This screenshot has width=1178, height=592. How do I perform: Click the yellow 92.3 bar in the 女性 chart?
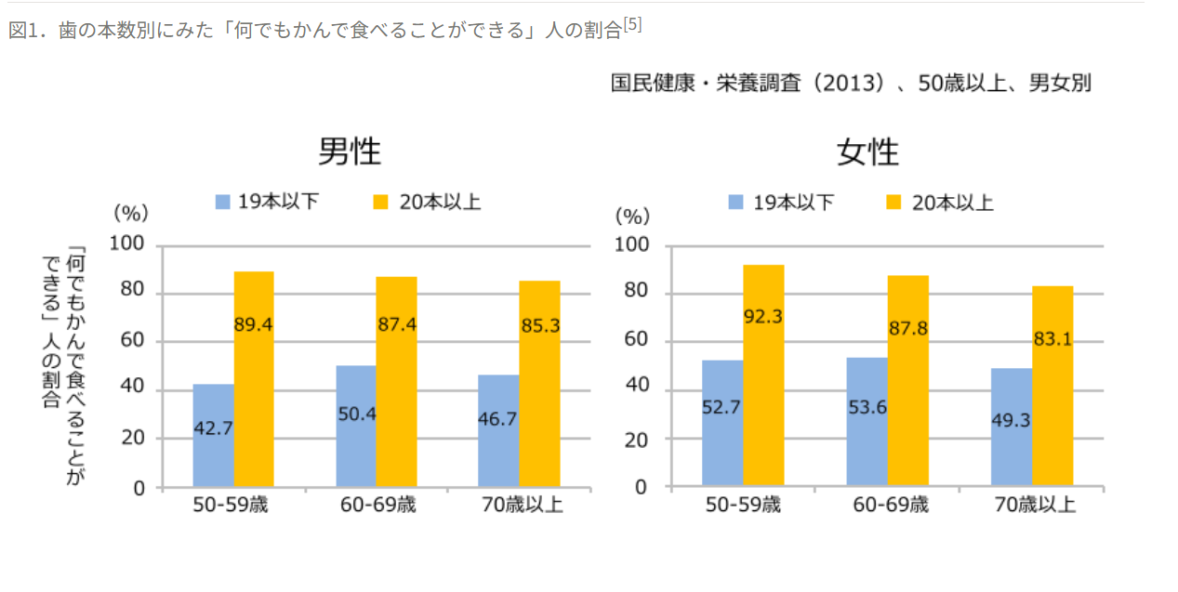tap(763, 375)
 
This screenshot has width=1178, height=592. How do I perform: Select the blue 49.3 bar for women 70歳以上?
tap(1012, 427)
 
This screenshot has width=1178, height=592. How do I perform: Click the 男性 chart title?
tap(350, 151)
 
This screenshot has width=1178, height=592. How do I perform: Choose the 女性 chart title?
tap(867, 152)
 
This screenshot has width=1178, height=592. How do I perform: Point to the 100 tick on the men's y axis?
tap(127, 244)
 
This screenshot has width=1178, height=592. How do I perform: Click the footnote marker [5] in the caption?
tap(632, 25)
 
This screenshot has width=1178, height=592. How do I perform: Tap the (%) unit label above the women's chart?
tap(633, 217)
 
